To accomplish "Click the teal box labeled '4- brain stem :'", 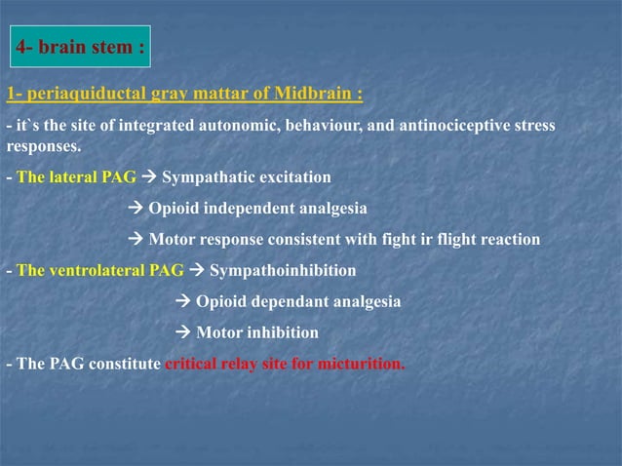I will (81, 46).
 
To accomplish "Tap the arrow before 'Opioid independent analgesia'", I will (136, 209).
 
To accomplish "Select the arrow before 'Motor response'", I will (136, 240).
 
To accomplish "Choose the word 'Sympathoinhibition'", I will (283, 270).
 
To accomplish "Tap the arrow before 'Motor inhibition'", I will (183, 332).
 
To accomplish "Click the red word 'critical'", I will (192, 364).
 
